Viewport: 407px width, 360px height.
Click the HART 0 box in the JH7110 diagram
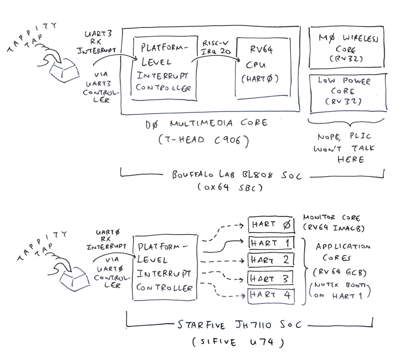271,224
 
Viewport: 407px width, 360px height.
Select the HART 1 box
271,243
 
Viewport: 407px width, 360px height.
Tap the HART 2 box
271,260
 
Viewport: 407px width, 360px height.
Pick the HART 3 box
270,278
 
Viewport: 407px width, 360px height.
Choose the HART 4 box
271,295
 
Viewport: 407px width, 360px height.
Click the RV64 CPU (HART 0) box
263,68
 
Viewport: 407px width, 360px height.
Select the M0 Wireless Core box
346,47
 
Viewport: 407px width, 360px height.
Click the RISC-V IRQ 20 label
216,48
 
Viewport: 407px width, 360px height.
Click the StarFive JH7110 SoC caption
239,325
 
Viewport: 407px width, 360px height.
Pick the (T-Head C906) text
203,140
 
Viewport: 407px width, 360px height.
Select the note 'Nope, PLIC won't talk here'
344,148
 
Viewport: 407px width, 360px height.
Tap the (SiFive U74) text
238,342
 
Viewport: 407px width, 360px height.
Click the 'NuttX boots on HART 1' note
340,290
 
